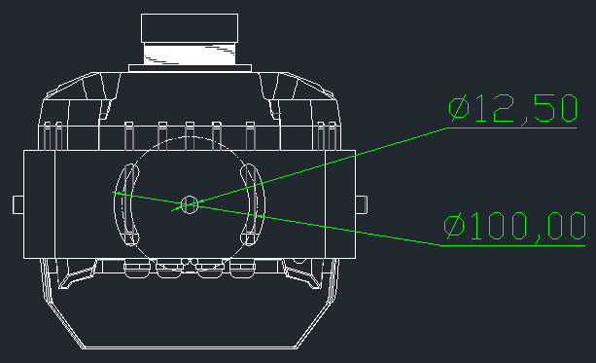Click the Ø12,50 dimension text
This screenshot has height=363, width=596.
[512, 109]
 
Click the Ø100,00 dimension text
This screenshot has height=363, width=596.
[514, 226]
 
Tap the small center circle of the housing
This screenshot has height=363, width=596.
[190, 204]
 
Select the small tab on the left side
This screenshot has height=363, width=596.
[18, 204]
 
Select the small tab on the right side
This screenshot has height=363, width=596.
[362, 204]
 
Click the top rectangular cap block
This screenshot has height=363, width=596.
[190, 28]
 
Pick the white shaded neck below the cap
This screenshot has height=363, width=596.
[190, 54]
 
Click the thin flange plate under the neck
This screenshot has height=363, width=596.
[190, 68]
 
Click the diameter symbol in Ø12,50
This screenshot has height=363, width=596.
[458, 108]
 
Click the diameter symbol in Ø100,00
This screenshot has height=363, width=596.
[454, 226]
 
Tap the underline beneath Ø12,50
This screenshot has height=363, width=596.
[511, 128]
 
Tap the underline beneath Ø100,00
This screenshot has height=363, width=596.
[512, 246]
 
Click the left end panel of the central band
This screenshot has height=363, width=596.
[40, 204]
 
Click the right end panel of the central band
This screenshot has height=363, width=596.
[340, 204]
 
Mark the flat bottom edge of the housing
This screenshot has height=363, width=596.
[190, 347]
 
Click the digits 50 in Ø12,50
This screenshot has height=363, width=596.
[556, 109]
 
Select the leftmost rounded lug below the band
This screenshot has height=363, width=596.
[137, 269]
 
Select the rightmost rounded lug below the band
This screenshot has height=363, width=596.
[242, 269]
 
